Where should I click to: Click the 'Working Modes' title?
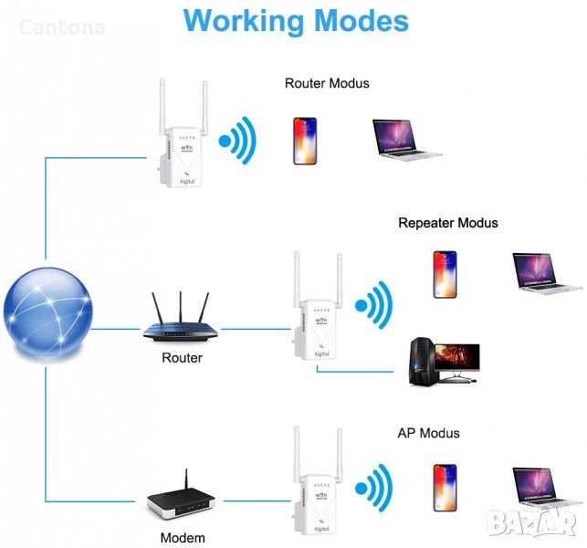point(296,22)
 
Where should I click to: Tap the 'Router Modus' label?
point(327,83)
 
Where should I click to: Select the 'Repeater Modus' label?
point(448,223)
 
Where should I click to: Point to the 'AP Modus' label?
point(428,433)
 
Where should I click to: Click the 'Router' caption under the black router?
point(182,358)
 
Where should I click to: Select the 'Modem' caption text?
point(183,538)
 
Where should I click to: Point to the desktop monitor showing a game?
point(456,359)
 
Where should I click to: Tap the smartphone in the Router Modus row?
point(304,140)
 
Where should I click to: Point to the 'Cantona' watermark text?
point(61,28)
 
